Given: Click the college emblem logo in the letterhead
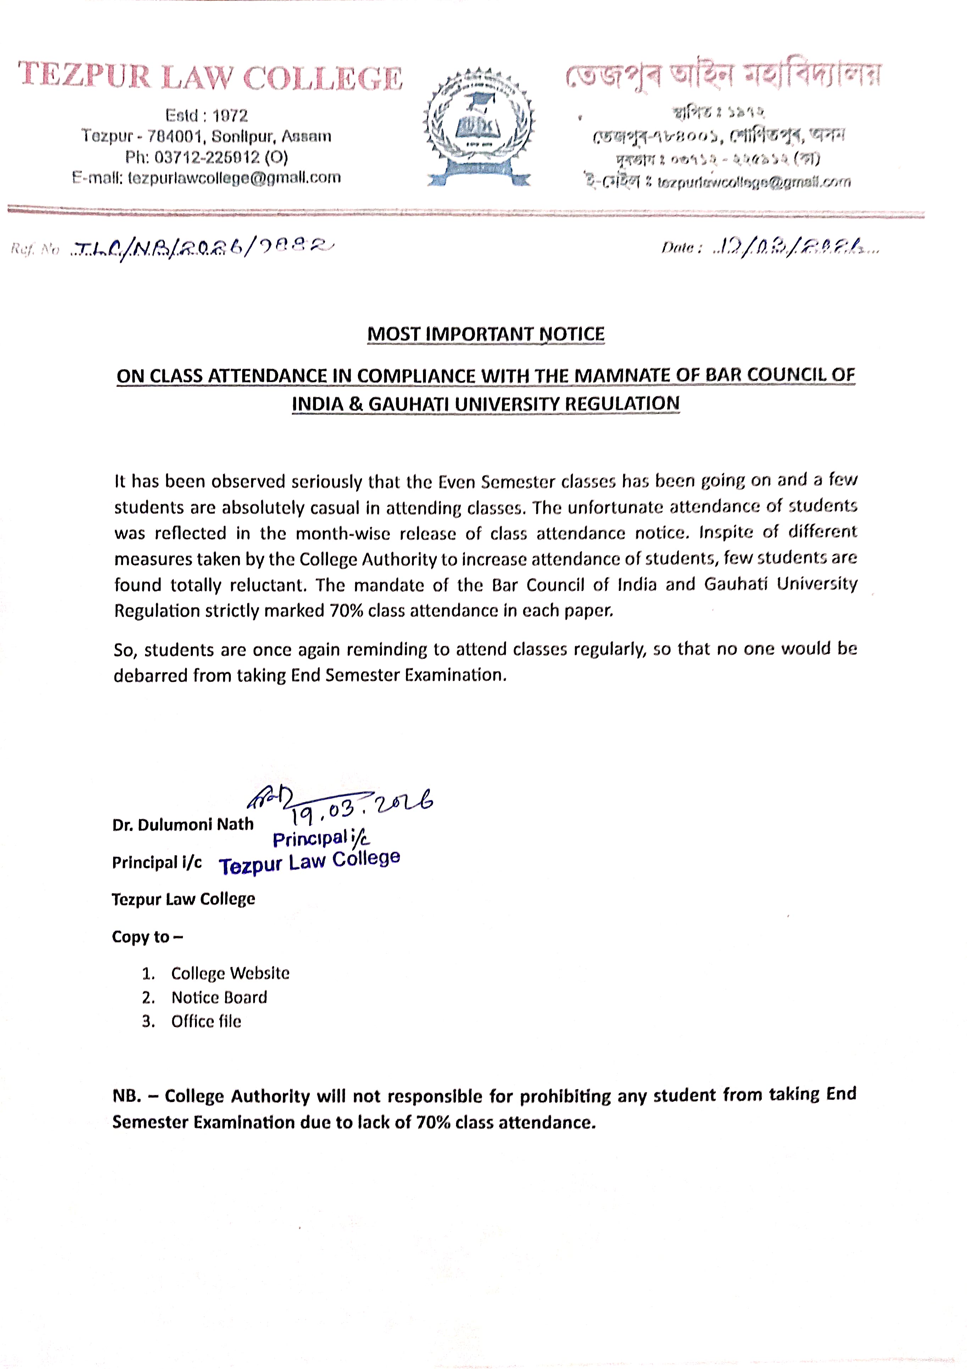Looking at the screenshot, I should [x=478, y=127].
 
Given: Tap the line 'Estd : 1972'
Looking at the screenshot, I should [x=206, y=115].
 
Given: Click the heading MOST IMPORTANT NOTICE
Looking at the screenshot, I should [x=485, y=334].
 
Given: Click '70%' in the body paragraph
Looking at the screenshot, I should [x=346, y=611].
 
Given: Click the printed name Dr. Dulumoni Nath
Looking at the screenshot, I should [x=183, y=825].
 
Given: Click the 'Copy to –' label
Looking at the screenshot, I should [x=147, y=937].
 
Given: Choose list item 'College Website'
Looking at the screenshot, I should [x=230, y=973].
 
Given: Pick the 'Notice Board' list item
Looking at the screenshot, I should [x=219, y=997].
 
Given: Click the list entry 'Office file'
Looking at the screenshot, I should [x=206, y=1021].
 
